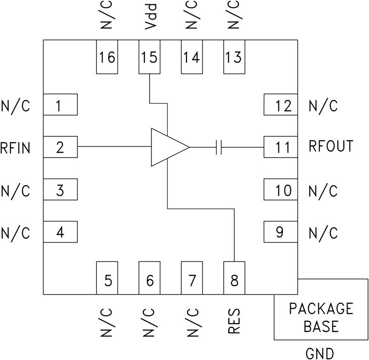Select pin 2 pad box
60,147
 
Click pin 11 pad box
280,147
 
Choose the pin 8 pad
234,278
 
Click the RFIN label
15,148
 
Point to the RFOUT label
331,146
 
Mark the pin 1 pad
60,105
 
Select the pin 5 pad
107,278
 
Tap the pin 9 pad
280,232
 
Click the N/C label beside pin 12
323,106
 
